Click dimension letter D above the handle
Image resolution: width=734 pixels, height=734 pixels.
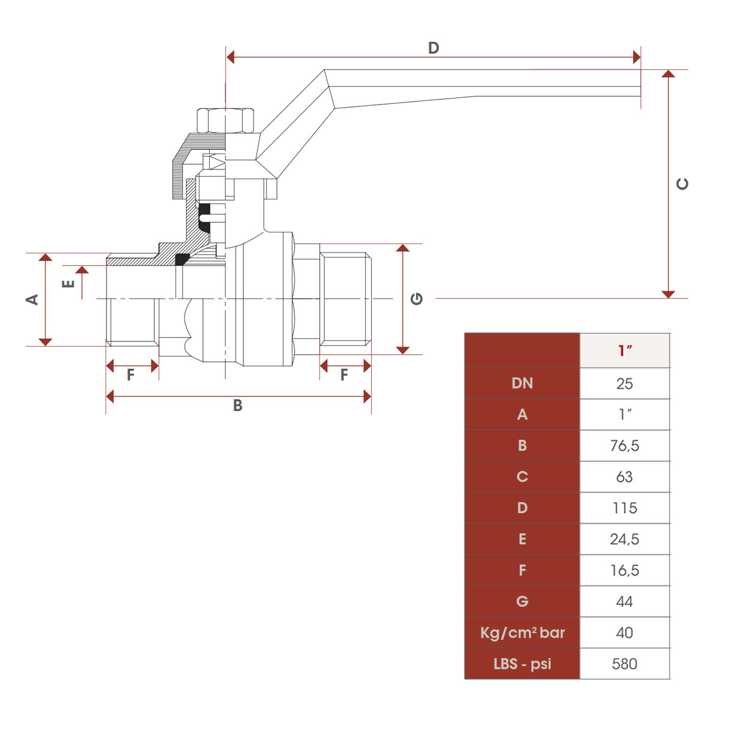click(x=433, y=48)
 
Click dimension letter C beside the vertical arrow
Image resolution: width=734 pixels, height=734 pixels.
click(x=683, y=183)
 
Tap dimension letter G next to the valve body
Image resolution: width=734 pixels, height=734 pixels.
click(x=417, y=298)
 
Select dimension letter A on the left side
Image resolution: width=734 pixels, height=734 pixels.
click(x=32, y=299)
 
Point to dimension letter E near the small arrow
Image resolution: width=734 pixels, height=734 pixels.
click(x=69, y=283)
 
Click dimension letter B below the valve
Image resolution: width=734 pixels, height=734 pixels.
click(x=238, y=406)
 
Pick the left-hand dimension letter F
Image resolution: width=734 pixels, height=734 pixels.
click(x=130, y=375)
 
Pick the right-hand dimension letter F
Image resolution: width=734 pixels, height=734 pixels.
click(x=344, y=375)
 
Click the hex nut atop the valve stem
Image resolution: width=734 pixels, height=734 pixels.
click(x=226, y=120)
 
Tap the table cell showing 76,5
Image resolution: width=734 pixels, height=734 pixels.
click(x=625, y=446)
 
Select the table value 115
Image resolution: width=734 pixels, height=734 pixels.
click(x=625, y=508)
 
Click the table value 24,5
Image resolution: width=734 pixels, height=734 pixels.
click(x=625, y=539)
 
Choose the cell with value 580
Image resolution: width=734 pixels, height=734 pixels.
click(x=625, y=664)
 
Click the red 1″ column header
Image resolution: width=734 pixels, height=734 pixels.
click(x=625, y=350)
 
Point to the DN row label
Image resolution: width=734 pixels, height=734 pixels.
click(x=522, y=384)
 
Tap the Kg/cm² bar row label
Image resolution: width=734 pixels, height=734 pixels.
click(x=522, y=633)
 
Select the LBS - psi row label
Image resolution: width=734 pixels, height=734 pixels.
click(x=522, y=664)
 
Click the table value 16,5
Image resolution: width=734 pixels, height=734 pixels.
click(x=625, y=571)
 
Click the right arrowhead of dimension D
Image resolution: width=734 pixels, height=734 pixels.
click(x=637, y=57)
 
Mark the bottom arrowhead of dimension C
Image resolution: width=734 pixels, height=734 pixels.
click(x=668, y=294)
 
